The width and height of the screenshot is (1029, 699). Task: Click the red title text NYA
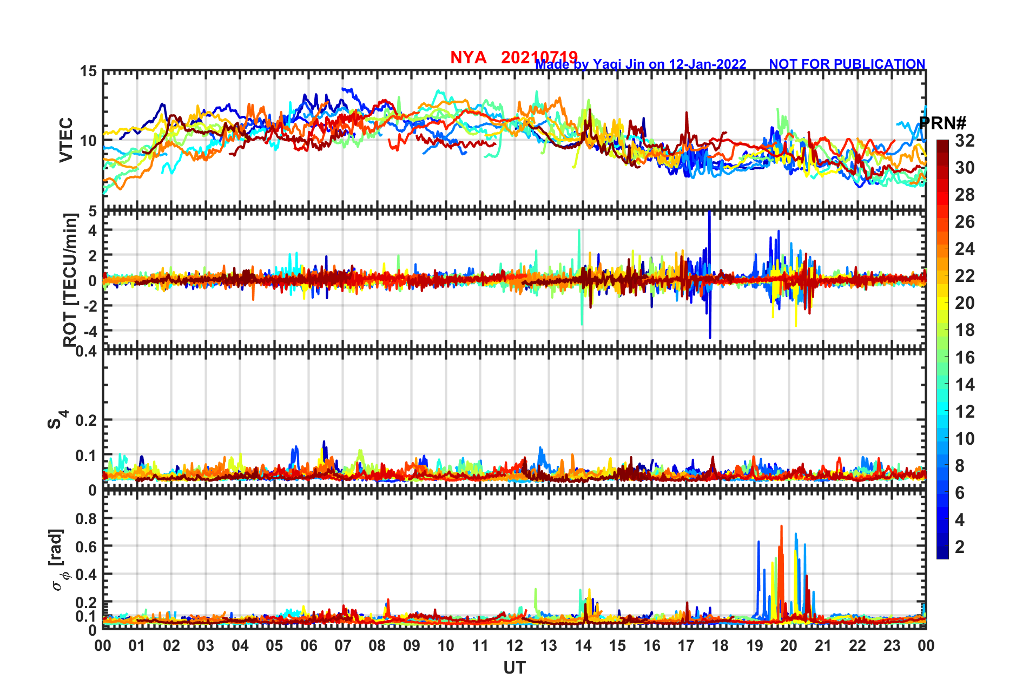468,57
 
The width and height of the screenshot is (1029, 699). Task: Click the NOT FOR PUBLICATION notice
847,64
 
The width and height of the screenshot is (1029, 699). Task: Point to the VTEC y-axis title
66,140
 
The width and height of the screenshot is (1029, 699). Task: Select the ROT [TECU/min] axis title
70,280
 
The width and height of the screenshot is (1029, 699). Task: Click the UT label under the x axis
514,668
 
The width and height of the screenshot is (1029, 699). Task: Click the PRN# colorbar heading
942,123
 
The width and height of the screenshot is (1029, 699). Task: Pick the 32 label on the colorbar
965,141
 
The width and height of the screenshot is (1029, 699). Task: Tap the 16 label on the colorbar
965,358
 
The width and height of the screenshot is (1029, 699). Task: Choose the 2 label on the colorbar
960,547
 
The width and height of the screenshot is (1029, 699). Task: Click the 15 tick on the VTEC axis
89,71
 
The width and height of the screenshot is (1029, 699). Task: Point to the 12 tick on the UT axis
514,646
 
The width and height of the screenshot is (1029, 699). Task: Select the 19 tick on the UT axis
755,646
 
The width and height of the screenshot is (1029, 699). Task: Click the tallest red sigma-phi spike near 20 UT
781,526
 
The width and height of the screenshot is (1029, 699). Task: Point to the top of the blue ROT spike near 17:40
709,213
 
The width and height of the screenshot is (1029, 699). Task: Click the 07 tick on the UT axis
343,646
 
